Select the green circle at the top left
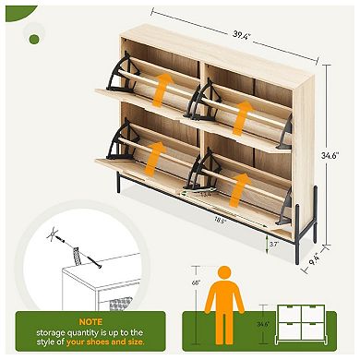pos(35,39)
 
